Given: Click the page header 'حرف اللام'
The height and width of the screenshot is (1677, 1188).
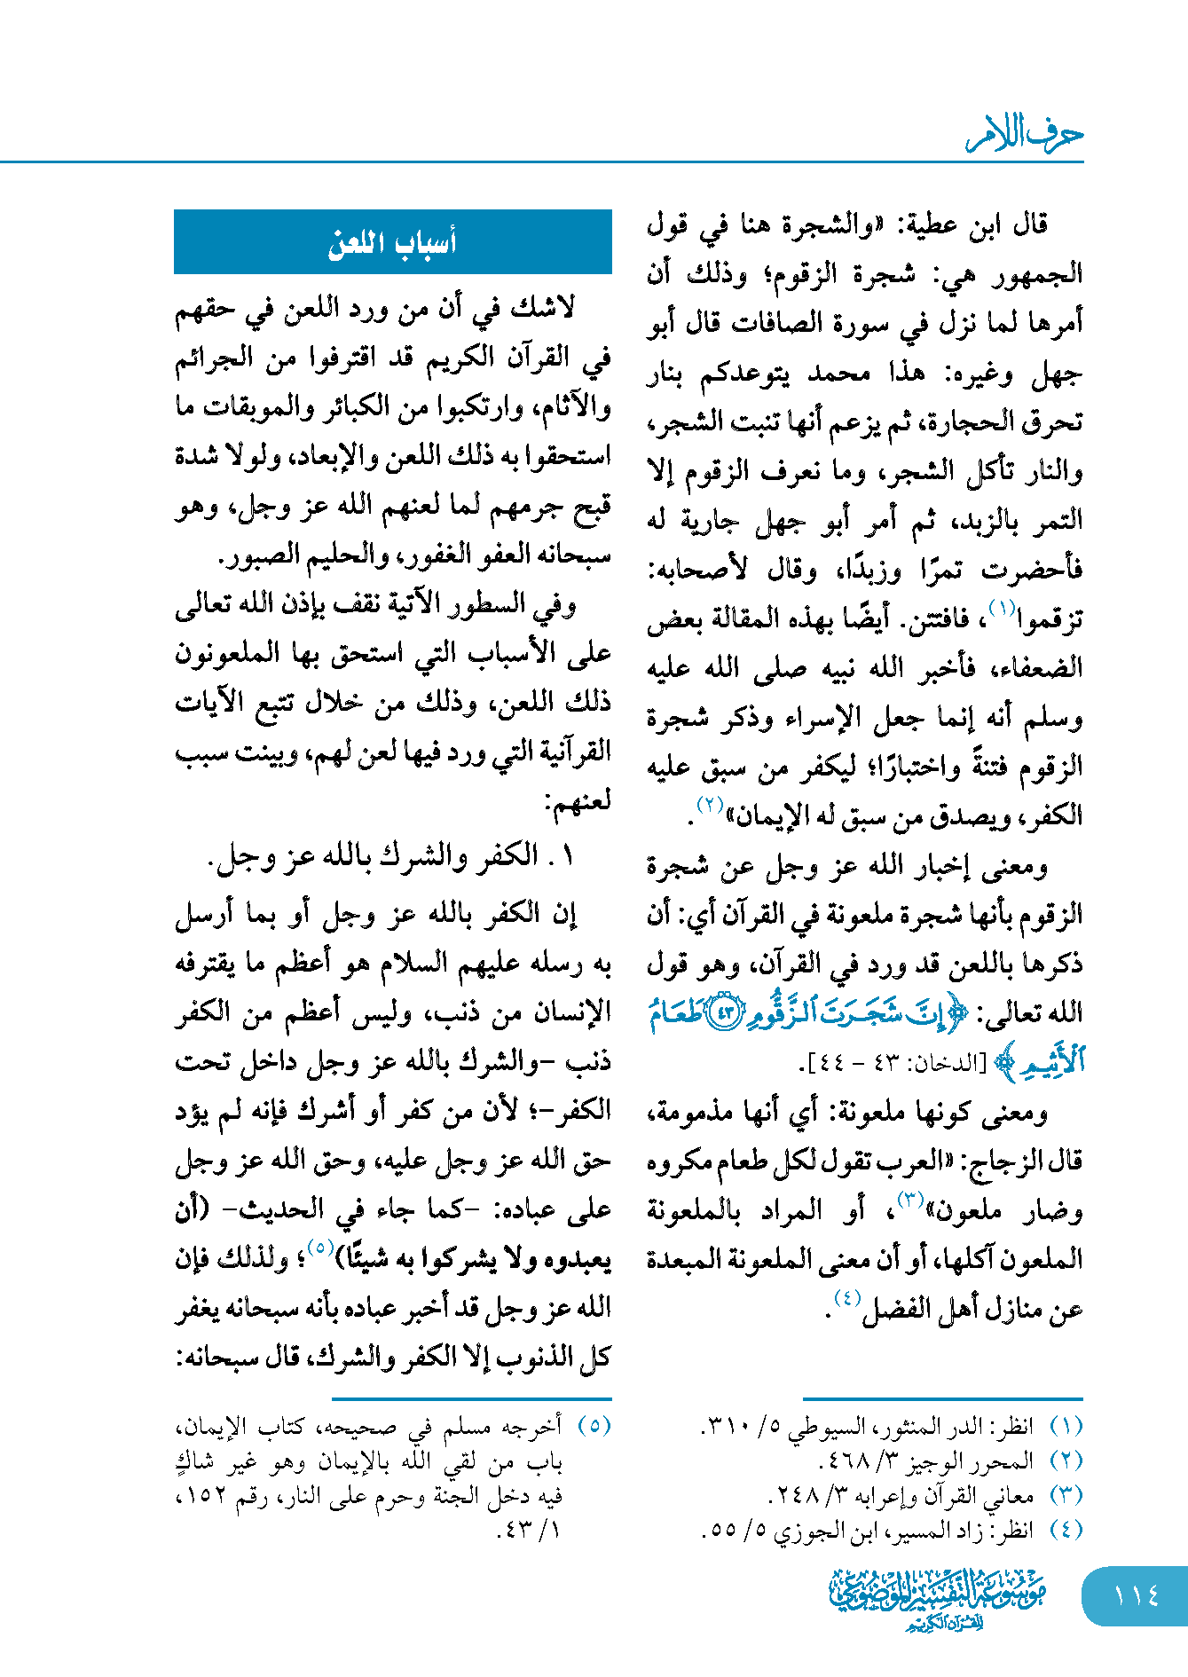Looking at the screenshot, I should point(1025,136).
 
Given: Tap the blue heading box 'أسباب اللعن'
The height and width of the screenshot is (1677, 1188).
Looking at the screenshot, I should point(392,242).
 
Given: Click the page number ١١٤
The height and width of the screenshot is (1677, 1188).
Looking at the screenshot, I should point(1136,1596).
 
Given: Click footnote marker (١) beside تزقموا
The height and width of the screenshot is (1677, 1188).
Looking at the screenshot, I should point(1002,610).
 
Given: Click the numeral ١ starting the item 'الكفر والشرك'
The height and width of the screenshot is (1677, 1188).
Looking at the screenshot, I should point(568,855).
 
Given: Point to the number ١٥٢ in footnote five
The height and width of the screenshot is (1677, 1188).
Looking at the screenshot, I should point(201,1497).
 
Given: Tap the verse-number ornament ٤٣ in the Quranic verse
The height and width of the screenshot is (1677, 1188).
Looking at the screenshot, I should point(728,1013).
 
